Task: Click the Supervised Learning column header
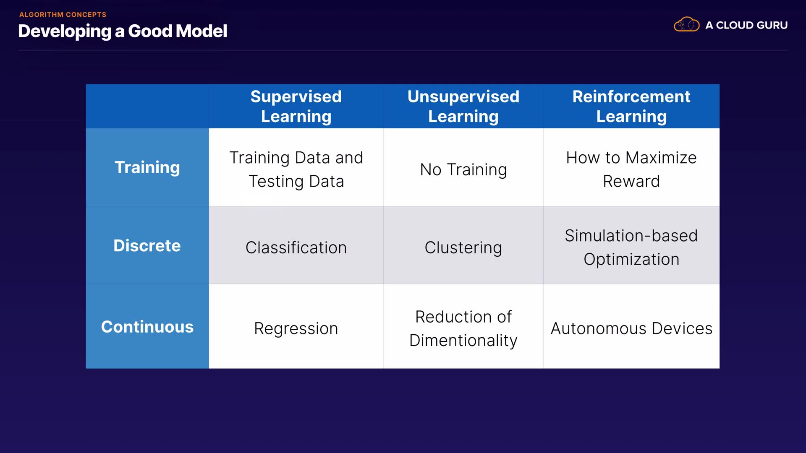pyautogui.click(x=296, y=106)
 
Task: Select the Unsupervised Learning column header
pyautogui.click(x=463, y=106)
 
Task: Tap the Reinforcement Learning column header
pyautogui.click(x=631, y=106)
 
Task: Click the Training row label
pyautogui.click(x=147, y=167)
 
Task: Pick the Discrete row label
pyautogui.click(x=147, y=245)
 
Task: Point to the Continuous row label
pyautogui.click(x=147, y=326)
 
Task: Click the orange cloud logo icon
pyautogui.click(x=686, y=24)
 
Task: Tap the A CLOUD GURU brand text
pyautogui.click(x=746, y=25)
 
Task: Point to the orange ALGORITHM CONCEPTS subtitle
pyautogui.click(x=63, y=15)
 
